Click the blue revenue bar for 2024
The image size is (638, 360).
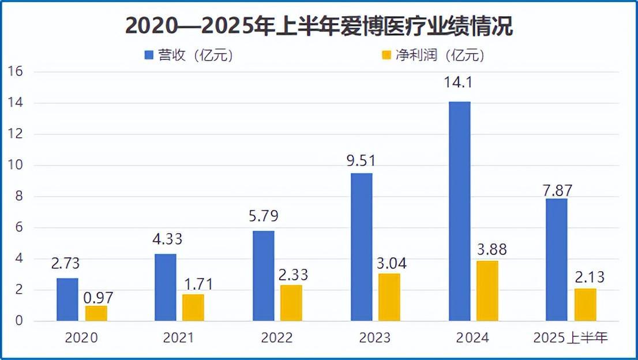(459, 211)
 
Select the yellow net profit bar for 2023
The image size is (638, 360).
(389, 297)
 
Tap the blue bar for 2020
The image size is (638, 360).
(67, 299)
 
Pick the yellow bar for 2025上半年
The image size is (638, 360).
(585, 305)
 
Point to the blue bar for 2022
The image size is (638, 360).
(263, 276)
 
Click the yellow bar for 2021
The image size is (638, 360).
(193, 307)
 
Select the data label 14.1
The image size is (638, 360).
(459, 83)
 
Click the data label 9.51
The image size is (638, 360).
(361, 160)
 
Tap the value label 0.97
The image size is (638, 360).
(96, 297)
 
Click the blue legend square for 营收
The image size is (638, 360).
(149, 55)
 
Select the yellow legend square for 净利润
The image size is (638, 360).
(386, 55)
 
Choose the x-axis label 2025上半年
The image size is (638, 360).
(571, 337)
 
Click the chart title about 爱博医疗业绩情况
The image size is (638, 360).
(319, 27)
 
